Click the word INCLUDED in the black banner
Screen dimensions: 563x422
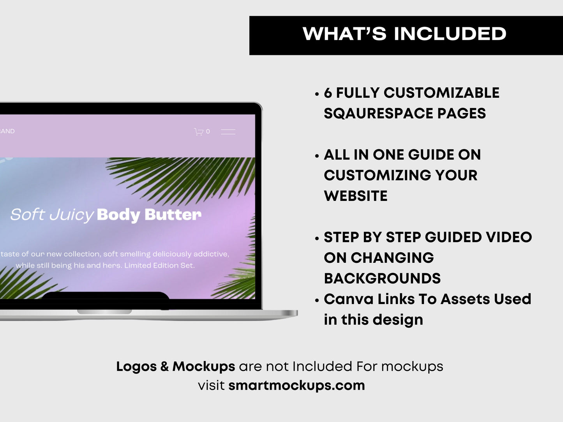450,33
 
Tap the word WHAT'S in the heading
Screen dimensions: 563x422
344,33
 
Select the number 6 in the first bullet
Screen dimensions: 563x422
328,93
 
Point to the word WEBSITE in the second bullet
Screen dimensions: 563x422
355,196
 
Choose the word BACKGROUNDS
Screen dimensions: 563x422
382,278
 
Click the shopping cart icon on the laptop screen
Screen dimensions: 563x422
199,132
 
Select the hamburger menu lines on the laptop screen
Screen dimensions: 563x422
228,132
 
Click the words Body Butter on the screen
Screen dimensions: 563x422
149,215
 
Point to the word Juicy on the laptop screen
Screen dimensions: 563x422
72,215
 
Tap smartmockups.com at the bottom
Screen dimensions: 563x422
297,385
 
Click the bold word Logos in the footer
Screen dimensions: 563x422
136,366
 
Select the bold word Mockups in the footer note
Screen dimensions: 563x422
204,367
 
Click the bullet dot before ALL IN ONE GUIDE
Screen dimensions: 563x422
317,156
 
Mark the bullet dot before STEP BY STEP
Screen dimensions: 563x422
317,239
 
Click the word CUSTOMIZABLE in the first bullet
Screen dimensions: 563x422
441,93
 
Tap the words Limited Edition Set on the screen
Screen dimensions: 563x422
159,265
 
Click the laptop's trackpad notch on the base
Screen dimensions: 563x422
104,312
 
